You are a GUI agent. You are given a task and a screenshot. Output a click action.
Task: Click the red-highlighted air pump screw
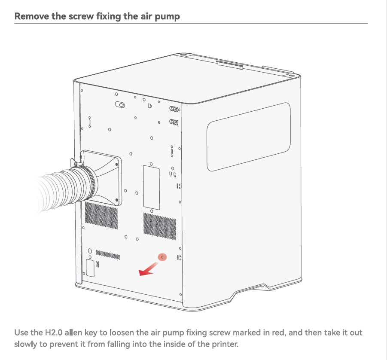point(162,257)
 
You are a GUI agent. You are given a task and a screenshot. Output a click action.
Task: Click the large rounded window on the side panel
point(248,137)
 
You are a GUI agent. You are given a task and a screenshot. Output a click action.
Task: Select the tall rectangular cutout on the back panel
point(152,187)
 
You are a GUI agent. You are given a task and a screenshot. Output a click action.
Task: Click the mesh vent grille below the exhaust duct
point(101,215)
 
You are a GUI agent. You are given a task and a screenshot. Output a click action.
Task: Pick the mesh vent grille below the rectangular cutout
point(160,226)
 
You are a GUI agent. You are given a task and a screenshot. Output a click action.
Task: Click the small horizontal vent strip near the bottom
point(108,255)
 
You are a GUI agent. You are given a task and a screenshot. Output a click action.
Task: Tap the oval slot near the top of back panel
point(120,105)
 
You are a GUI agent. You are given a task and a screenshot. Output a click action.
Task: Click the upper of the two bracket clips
point(174,109)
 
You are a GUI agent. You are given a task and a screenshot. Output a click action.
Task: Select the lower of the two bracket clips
point(174,122)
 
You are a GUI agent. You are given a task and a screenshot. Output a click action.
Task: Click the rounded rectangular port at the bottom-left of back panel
point(90,268)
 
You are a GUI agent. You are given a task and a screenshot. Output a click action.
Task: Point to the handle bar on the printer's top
point(229,65)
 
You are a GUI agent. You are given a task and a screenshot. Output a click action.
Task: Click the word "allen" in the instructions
point(73,333)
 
